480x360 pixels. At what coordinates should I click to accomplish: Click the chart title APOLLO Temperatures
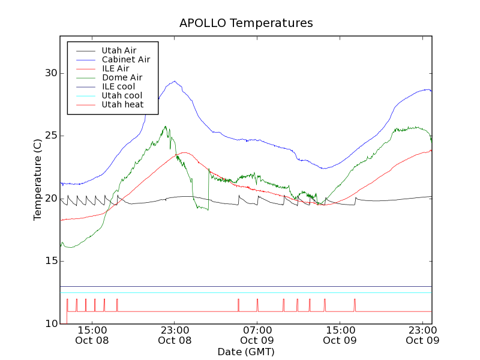pos(246,23)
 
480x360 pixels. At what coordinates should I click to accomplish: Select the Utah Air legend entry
pos(119,50)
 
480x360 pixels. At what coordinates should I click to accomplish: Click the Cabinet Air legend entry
pos(125,59)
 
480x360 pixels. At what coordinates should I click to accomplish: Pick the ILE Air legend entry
pos(115,68)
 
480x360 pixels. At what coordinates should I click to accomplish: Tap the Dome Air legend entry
pos(122,77)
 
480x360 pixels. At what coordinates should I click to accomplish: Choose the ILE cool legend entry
pos(118,86)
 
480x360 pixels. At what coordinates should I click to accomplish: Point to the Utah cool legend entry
pos(122,95)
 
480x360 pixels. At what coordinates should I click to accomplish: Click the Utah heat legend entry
pos(122,104)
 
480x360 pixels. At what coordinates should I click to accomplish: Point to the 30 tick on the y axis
pos(50,73)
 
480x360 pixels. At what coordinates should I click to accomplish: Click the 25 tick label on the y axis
pos(50,136)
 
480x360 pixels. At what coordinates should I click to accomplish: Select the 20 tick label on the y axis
pos(50,198)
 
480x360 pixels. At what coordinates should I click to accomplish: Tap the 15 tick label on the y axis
pos(50,261)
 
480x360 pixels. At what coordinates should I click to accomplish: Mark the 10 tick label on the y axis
pos(50,323)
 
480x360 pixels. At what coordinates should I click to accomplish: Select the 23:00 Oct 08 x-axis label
pos(175,335)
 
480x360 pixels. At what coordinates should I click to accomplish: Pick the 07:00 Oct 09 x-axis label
pos(257,335)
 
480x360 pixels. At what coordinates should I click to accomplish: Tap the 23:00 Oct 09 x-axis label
pos(422,335)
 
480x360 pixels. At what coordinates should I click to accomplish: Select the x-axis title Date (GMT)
pos(246,352)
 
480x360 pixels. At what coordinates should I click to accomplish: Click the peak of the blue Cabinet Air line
pos(175,82)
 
